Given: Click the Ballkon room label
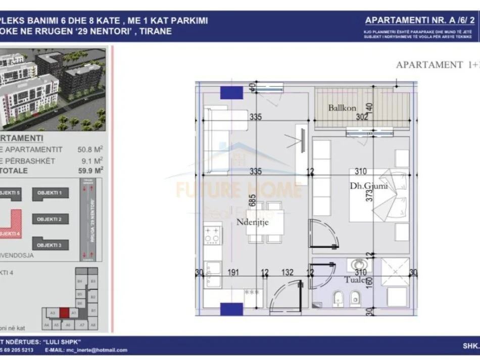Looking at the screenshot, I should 342,108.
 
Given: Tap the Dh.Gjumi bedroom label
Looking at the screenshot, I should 369,186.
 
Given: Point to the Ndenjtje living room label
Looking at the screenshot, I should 253,221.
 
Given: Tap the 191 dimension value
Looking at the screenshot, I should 233,273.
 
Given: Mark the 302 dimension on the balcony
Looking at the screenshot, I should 361,117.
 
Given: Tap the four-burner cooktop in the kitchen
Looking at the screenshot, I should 212,235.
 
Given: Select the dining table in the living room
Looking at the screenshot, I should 267,222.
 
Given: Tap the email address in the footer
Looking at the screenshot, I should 86,350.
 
